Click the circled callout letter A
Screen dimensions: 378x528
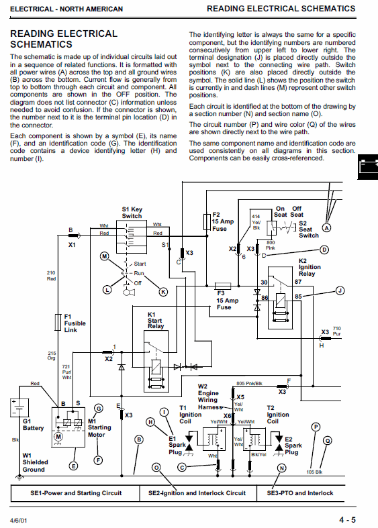[326, 228]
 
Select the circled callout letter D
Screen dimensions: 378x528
[324, 250]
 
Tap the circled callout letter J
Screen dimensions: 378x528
[340, 291]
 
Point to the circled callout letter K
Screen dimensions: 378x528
[163, 292]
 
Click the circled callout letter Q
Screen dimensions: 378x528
[328, 441]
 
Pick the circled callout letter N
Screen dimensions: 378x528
[281, 468]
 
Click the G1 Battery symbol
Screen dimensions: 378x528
[19, 407]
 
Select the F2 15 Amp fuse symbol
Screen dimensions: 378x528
[207, 221]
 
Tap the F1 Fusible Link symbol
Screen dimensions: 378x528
[58, 322]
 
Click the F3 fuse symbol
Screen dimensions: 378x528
[223, 286]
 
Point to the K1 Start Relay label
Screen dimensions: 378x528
[156, 320]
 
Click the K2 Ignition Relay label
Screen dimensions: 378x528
[310, 268]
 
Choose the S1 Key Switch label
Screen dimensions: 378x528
[132, 213]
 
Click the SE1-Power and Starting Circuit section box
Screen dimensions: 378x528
[75, 493]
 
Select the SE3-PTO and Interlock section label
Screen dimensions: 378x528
[300, 493]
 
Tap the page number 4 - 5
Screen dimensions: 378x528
[347, 520]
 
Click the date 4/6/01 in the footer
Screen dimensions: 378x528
[19, 521]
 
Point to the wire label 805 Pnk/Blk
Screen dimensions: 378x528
[249, 383]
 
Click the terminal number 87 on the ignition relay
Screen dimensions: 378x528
[298, 282]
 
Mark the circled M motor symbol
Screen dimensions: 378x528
[58, 437]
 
